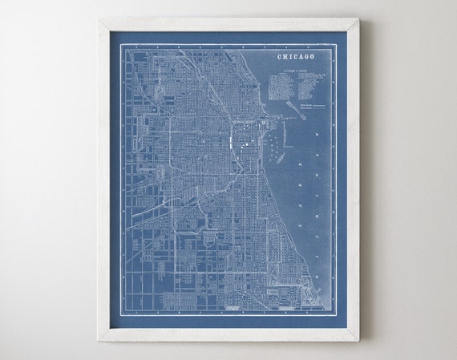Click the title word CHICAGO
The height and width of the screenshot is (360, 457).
(295, 57)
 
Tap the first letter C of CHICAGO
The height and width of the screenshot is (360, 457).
(279, 57)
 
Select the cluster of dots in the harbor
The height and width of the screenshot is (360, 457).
(274, 149)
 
